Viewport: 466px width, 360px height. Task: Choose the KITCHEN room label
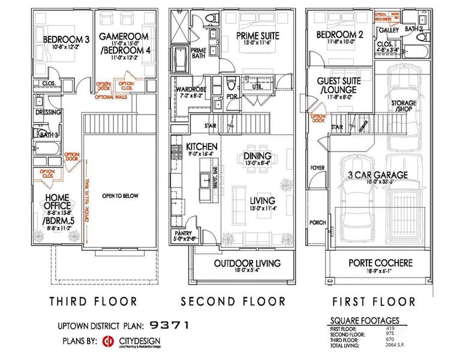pyautogui.click(x=201, y=146)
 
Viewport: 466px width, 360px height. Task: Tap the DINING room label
pyautogui.click(x=258, y=156)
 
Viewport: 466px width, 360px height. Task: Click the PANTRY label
pyautogui.click(x=182, y=232)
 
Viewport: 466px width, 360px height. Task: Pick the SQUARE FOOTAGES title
pyautogui.click(x=364, y=320)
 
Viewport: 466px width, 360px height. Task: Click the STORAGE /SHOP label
pyautogui.click(x=404, y=106)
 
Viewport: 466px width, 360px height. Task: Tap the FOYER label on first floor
pyautogui.click(x=317, y=169)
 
